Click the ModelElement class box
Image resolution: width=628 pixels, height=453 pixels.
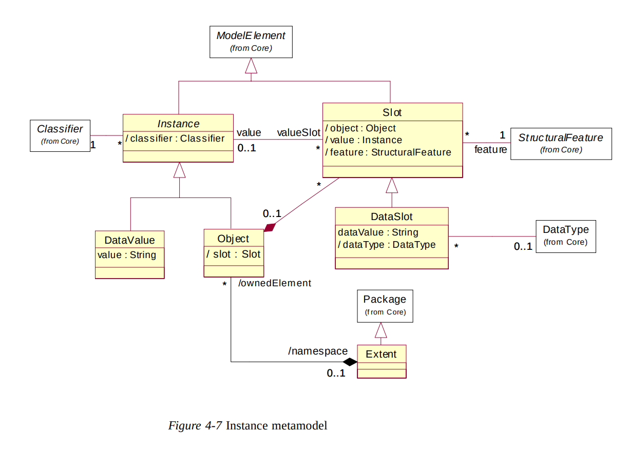(251, 42)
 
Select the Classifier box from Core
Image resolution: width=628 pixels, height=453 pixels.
(60, 135)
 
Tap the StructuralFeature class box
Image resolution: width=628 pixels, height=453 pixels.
(561, 144)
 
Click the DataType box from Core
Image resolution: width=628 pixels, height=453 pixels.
(565, 236)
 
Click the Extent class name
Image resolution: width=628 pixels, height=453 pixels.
(381, 354)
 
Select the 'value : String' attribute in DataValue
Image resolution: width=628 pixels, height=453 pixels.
(127, 255)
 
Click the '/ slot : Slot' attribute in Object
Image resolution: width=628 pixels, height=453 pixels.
(233, 254)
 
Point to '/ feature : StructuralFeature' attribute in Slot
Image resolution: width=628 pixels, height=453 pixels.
(388, 152)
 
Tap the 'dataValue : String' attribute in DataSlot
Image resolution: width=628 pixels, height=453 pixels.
(378, 232)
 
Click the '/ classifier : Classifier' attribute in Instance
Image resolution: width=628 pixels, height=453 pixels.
(176, 139)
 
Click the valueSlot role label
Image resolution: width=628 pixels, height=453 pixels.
(298, 133)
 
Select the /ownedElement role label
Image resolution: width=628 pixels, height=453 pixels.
(275, 283)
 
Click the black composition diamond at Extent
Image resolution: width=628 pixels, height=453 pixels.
(350, 362)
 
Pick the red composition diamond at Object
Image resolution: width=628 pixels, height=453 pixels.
(270, 227)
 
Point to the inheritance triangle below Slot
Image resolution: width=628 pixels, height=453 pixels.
(392, 185)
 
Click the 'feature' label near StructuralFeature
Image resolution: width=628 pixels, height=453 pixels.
(490, 149)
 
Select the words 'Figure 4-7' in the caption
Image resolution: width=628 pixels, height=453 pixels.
(195, 425)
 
